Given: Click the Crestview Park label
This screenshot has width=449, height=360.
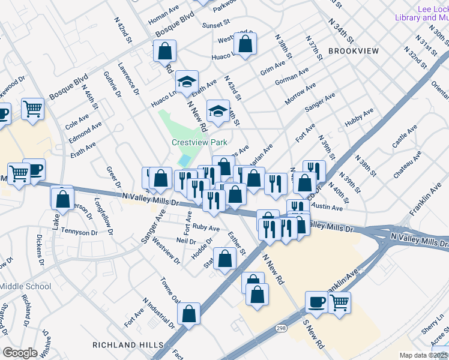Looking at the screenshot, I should click(x=199, y=142).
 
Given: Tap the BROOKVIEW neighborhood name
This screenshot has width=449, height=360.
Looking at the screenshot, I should click(x=354, y=52).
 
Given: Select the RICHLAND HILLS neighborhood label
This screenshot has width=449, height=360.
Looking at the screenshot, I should click(x=128, y=345).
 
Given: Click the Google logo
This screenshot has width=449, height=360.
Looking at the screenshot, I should click(x=20, y=353).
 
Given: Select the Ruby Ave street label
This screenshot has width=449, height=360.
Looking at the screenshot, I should click(x=206, y=228).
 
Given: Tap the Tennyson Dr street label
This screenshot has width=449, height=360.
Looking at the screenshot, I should click(x=79, y=232).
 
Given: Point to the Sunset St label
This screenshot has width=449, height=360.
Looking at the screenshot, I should click(x=216, y=26).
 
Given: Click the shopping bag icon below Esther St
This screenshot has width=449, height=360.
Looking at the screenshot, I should click(x=225, y=260).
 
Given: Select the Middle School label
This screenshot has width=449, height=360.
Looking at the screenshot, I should click(x=25, y=286).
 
